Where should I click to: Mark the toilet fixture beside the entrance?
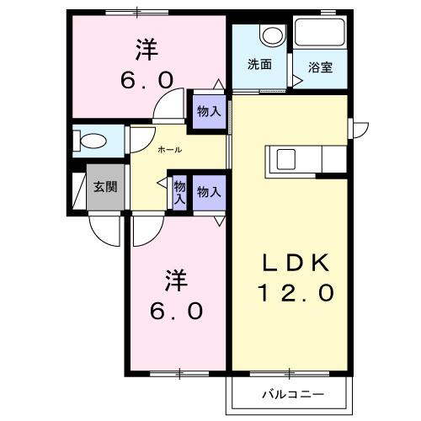(93, 140)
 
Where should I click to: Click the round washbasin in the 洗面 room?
(272, 35)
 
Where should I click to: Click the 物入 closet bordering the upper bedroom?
(209, 111)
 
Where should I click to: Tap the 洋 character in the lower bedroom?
(176, 279)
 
